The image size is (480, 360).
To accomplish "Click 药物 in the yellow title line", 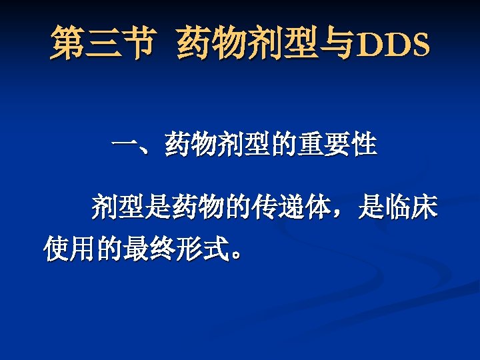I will [x=206, y=43].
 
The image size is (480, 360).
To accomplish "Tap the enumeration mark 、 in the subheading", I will [x=152, y=148].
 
